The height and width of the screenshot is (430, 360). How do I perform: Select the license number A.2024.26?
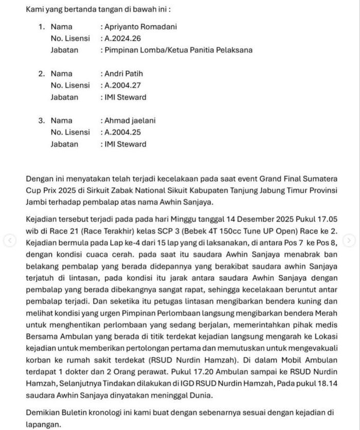[123, 39]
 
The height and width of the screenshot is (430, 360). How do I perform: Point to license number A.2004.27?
[123, 85]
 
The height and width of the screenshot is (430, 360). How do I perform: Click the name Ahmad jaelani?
[130, 121]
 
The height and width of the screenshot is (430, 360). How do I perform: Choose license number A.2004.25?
[123, 133]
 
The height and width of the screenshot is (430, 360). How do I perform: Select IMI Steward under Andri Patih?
[125, 97]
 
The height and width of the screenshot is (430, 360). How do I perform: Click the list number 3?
[42, 121]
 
